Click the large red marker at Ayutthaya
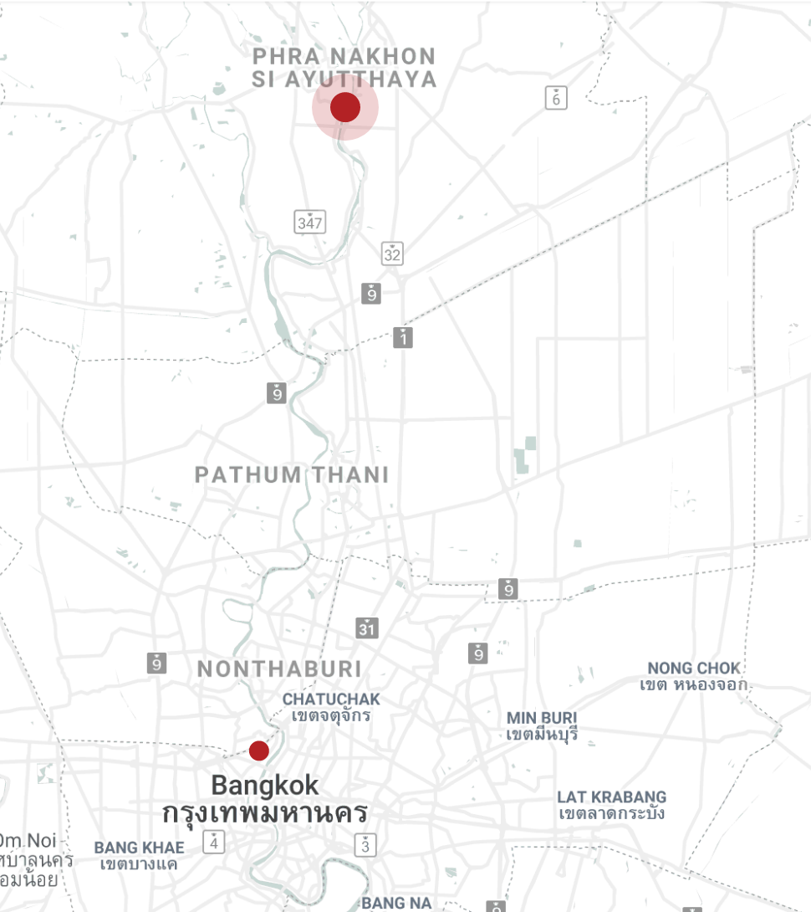345,108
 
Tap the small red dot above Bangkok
259,751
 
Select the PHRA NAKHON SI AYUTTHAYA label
344,68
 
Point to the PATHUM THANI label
292,475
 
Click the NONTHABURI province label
279,669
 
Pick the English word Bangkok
264,786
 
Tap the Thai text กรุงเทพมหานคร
265,813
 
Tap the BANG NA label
396,903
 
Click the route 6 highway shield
555,98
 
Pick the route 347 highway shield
310,223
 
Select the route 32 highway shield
392,254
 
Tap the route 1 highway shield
403,337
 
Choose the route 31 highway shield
366,628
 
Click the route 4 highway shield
214,842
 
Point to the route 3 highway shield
365,845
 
